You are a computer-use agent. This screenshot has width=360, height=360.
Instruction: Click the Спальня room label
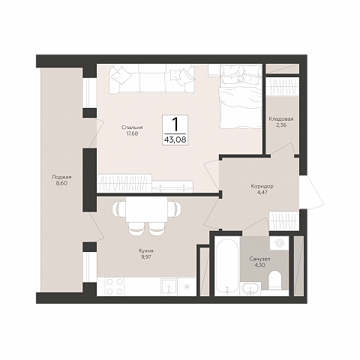pos(132,127)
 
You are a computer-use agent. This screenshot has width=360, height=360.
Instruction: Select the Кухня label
pos(146,250)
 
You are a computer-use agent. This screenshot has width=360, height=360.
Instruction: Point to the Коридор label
pos(262,187)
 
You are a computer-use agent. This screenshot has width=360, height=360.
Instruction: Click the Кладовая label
pos(281,119)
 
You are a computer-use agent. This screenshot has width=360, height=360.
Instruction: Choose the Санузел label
pos(259,259)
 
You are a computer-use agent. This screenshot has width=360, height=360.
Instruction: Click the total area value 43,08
pos(175,139)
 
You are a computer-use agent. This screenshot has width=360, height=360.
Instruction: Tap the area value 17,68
pos(132,133)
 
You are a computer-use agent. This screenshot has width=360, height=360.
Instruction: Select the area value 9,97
pos(146,256)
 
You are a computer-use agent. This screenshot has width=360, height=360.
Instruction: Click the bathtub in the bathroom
pos(227,265)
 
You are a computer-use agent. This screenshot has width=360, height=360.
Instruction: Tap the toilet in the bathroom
pos(275,280)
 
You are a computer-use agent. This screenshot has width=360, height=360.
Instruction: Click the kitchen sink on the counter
pos(169,287)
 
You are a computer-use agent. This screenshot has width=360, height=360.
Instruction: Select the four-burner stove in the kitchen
pos(115,286)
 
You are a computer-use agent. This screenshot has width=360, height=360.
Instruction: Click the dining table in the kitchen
pos(146,209)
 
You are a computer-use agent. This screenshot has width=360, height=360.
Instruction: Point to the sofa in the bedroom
pos(151,79)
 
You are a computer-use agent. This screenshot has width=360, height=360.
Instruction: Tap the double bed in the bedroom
pos(241,96)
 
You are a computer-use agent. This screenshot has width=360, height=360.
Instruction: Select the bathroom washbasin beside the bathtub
pos(250,289)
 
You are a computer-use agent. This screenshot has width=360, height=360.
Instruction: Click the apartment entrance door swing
pos(312,192)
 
